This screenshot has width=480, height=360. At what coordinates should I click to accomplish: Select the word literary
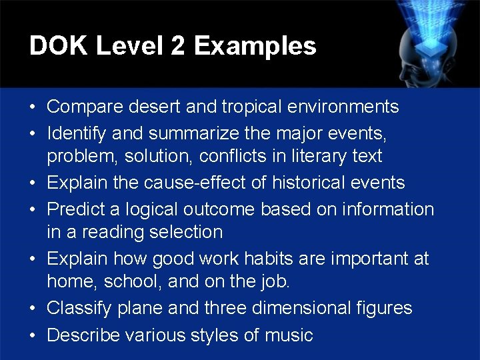pos(327,157)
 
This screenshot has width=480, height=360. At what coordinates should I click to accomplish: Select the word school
pos(131,282)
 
